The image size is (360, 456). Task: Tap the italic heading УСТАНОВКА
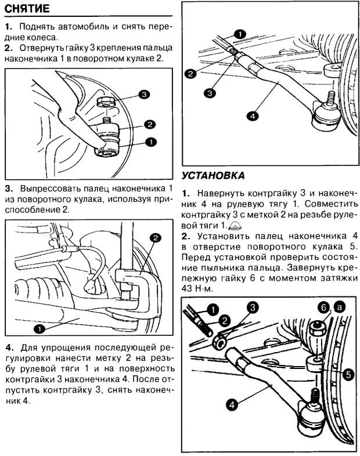pos(213,175)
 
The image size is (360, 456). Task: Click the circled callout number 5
pos(347,374)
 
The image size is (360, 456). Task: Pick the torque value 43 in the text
pos(188,288)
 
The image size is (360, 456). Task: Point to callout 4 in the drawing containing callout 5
pos(232,405)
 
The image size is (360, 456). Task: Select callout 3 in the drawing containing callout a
pos(253,307)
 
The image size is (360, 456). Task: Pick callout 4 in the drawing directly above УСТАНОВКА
pos(253,116)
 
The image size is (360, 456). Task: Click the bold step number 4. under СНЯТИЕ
pos(9,348)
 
